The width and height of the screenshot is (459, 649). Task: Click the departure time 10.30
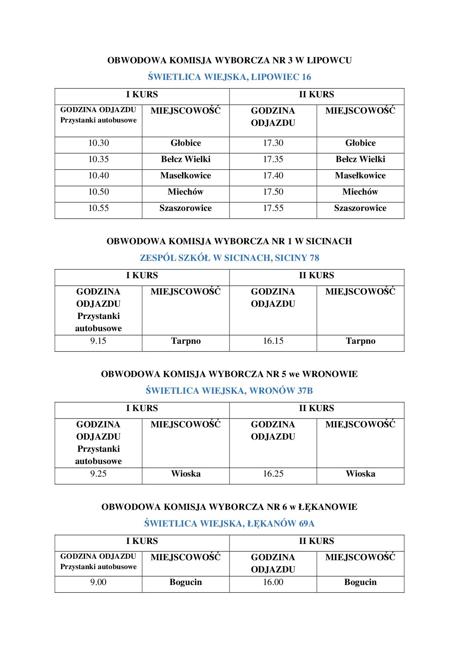tap(98, 143)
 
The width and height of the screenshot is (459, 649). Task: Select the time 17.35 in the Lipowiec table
tap(273, 159)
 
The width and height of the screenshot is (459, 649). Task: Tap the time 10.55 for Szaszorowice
tap(98, 208)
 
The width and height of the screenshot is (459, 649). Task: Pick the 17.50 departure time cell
tap(273, 192)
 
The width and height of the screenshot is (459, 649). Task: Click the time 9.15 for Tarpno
tap(98, 341)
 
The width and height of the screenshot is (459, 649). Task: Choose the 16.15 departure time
tap(273, 341)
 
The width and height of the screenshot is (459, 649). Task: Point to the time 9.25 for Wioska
tap(98, 474)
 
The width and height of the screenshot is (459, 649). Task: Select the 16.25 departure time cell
tap(273, 474)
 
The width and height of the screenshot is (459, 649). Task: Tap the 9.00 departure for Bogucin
tap(98, 582)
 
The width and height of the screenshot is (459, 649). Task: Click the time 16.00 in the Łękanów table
tap(273, 582)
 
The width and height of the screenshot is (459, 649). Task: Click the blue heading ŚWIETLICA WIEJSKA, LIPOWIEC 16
tap(229, 77)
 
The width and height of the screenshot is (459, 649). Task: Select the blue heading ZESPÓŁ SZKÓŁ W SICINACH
tap(229, 258)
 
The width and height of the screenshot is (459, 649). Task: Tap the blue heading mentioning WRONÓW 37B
tap(229, 391)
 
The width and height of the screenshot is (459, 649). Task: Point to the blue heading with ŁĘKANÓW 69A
tap(229, 524)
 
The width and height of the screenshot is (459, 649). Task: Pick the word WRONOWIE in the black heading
tap(330, 374)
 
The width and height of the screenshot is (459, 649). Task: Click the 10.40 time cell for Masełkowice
tap(98, 176)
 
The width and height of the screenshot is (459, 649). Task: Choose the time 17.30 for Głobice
tap(273, 143)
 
